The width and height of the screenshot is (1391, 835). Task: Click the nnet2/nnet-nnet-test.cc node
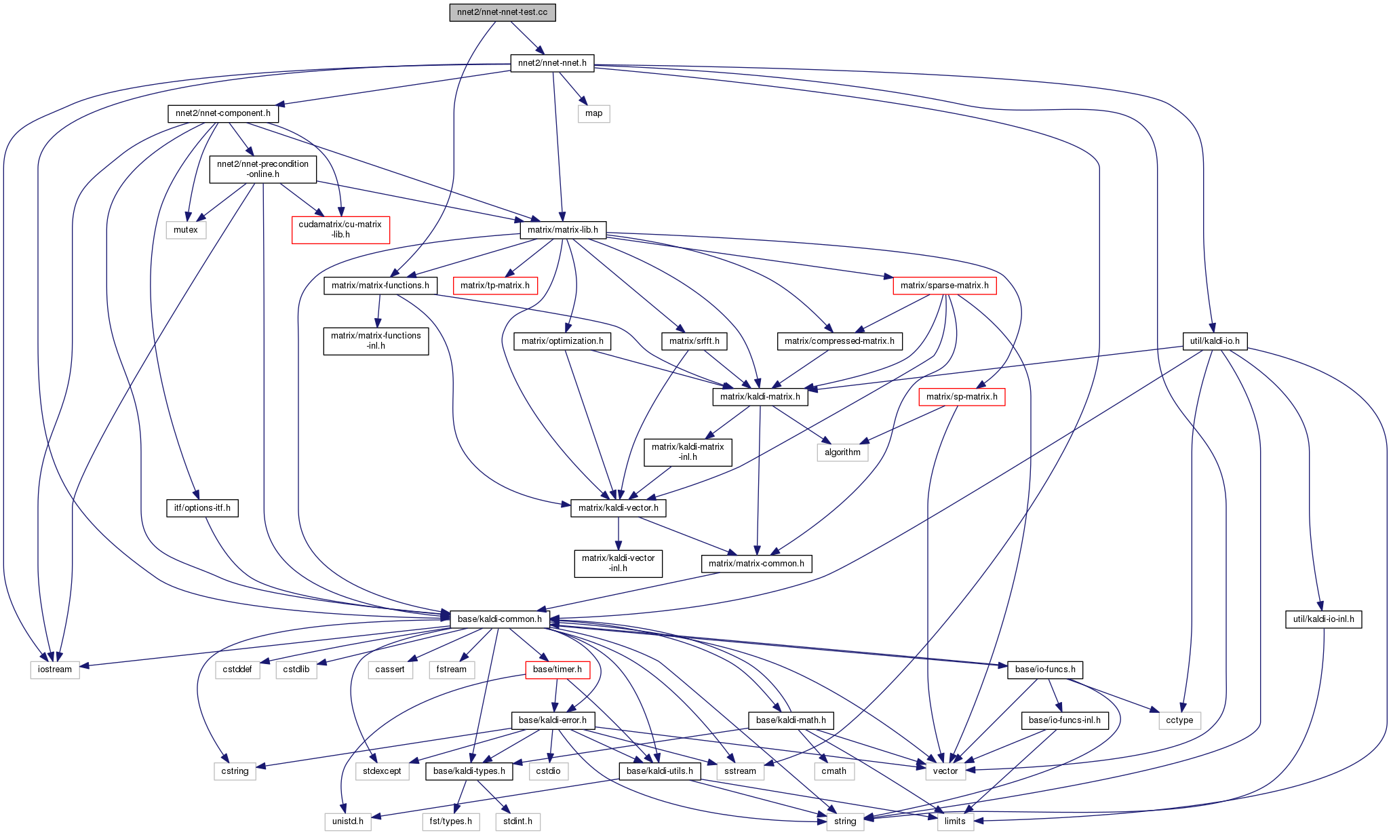pyautogui.click(x=502, y=13)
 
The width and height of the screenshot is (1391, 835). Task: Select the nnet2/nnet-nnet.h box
pyautogui.click(x=552, y=64)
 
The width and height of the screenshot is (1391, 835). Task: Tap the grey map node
pyautogui.click(x=593, y=113)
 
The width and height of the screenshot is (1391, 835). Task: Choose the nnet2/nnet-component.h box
pyautogui.click(x=222, y=113)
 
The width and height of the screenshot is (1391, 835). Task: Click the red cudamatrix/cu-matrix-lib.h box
pyautogui.click(x=340, y=230)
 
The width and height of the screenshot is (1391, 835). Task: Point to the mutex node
pyautogui.click(x=185, y=230)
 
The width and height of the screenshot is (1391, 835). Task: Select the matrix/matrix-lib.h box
pyautogui.click(x=563, y=230)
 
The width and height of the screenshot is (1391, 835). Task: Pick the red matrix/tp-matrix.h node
pyautogui.click(x=495, y=286)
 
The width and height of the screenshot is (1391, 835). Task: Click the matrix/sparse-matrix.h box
pyautogui.click(x=944, y=286)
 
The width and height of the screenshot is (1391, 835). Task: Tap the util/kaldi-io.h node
pyautogui.click(x=1214, y=341)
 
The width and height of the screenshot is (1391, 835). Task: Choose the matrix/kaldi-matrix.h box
pyautogui.click(x=760, y=397)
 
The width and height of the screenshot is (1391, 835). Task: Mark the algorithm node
pyautogui.click(x=842, y=452)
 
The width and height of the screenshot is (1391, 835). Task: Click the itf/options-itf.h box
pyautogui.click(x=202, y=508)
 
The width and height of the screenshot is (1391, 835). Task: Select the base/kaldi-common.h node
pyautogui.click(x=499, y=619)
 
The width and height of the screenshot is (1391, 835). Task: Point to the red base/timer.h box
pyautogui.click(x=557, y=669)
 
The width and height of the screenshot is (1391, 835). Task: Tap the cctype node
pyautogui.click(x=1179, y=720)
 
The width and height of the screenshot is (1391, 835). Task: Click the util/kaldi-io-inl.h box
pyautogui.click(x=1323, y=619)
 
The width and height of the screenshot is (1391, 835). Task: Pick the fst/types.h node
pyautogui.click(x=451, y=821)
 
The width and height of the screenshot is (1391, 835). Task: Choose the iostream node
pyautogui.click(x=55, y=669)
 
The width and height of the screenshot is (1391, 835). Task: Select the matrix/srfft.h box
pyautogui.click(x=694, y=341)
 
